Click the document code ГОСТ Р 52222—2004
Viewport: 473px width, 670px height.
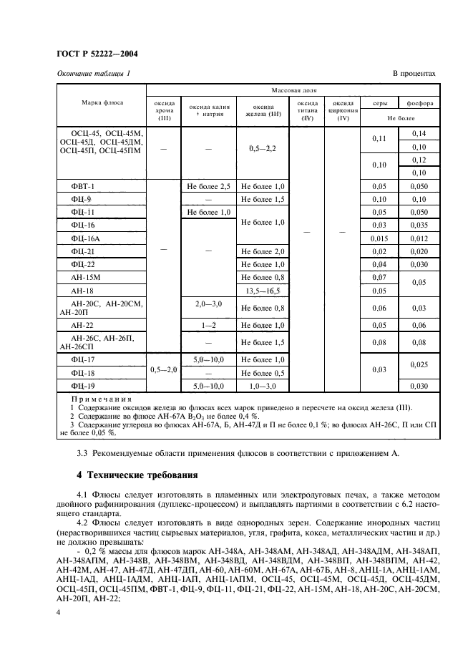[x=97, y=54]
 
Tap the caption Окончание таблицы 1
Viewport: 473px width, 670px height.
[x=92, y=74]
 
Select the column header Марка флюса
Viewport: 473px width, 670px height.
[x=101, y=102]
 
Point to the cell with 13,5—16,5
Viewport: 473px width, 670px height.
[x=263, y=290]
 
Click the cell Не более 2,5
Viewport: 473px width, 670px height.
[x=208, y=186]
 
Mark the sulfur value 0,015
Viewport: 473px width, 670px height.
[x=379, y=238]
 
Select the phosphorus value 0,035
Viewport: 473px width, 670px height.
[x=419, y=225]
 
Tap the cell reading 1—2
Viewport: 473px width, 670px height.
[x=208, y=324]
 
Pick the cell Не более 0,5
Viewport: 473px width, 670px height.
[x=263, y=373]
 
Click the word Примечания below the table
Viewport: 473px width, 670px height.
[x=101, y=399]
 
